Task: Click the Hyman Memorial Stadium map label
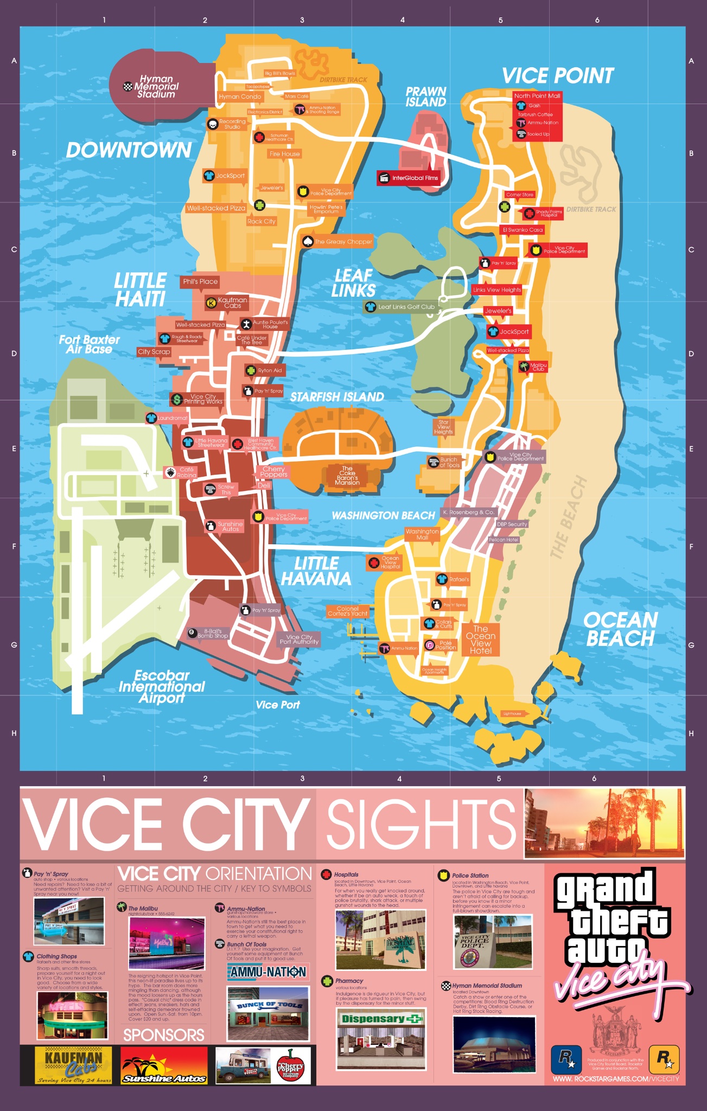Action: [x=156, y=87]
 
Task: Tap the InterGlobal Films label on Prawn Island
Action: [x=415, y=178]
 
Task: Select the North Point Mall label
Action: [x=537, y=96]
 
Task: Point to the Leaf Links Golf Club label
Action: [x=406, y=307]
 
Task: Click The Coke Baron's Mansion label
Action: [x=347, y=475]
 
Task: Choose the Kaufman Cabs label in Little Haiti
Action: [x=232, y=303]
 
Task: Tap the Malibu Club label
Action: [x=538, y=367]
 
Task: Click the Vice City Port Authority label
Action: [x=299, y=640]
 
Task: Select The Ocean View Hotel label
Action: [x=481, y=640]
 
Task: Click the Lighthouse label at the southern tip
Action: [x=512, y=714]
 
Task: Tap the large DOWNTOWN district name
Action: [x=129, y=150]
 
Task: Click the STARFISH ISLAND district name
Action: [x=337, y=397]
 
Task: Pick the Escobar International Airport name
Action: [x=162, y=687]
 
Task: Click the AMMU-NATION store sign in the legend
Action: [x=268, y=972]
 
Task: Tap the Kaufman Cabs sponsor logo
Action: [x=73, y=1065]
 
